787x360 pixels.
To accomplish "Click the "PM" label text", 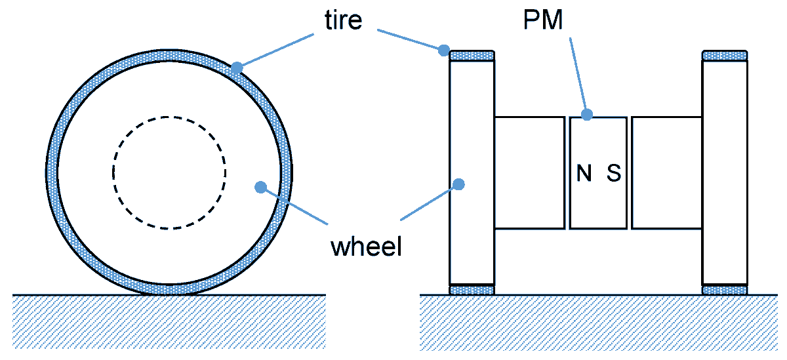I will click(x=543, y=21).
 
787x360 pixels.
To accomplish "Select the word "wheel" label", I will click(x=367, y=248).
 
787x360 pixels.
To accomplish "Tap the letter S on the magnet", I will click(x=613, y=173).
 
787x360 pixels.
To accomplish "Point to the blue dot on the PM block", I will click(x=588, y=114).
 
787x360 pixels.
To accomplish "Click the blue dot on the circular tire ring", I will click(x=236, y=67).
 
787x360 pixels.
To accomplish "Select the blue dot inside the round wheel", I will click(x=260, y=187).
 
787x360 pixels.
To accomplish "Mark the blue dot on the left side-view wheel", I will click(x=459, y=184).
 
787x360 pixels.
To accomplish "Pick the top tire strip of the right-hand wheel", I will click(x=725, y=55).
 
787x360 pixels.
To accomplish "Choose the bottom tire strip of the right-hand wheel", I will click(x=725, y=289).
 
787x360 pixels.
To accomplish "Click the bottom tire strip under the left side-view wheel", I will click(x=472, y=289).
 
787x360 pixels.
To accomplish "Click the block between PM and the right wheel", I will click(x=666, y=172).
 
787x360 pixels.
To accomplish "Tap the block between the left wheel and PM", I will click(x=529, y=172).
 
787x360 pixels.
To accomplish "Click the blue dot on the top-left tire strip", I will click(x=444, y=49).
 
